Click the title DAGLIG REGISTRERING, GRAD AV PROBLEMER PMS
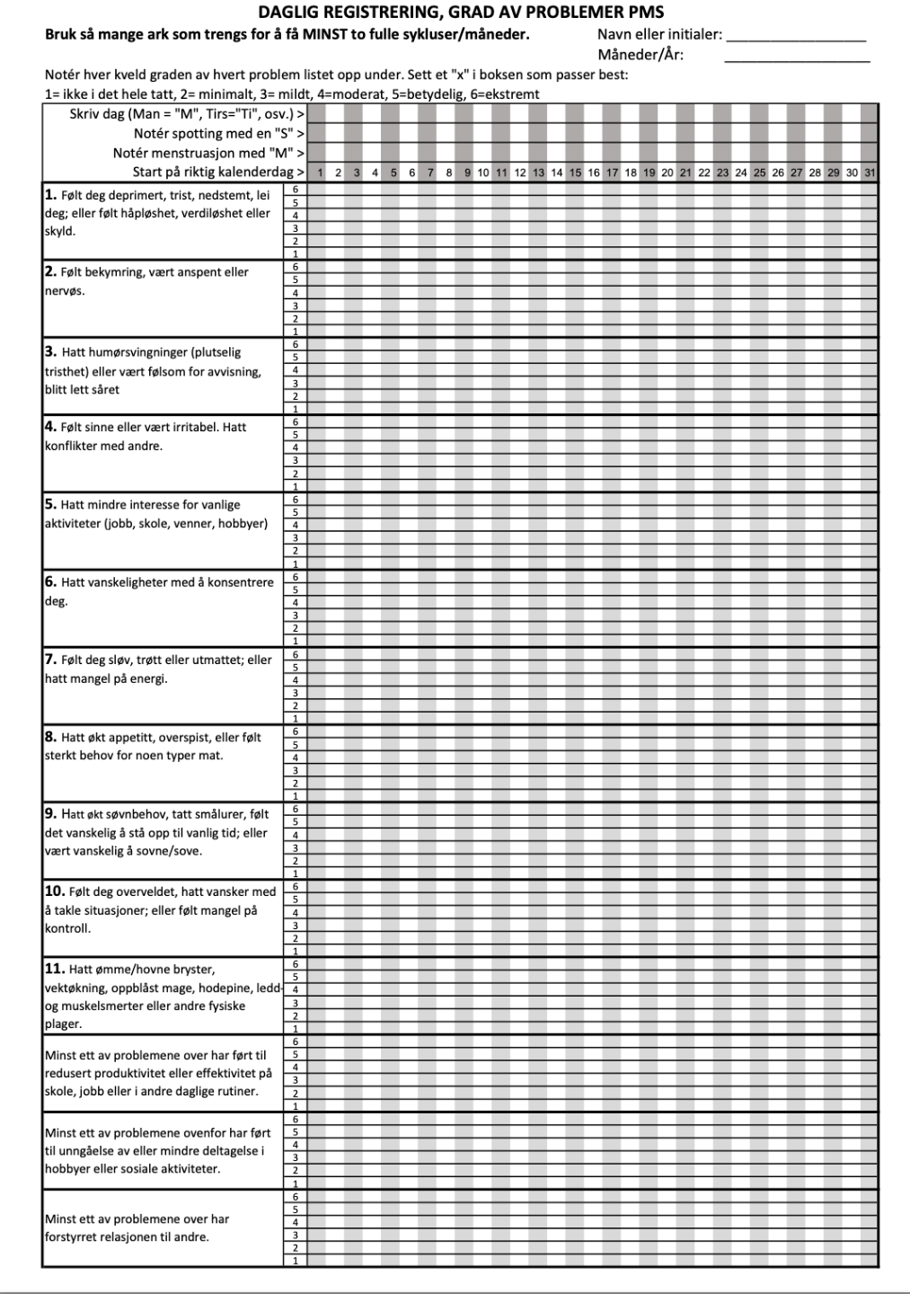tap(461, 13)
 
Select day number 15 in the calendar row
tap(575, 173)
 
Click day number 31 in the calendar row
tap(870, 173)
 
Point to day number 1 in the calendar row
tap(320, 173)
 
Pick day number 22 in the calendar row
tap(704, 173)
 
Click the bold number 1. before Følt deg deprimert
tap(50, 194)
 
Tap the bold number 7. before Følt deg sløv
tap(50, 660)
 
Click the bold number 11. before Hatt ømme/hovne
tap(55, 969)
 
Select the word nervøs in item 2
tap(64, 291)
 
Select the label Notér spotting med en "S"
tap(216, 134)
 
